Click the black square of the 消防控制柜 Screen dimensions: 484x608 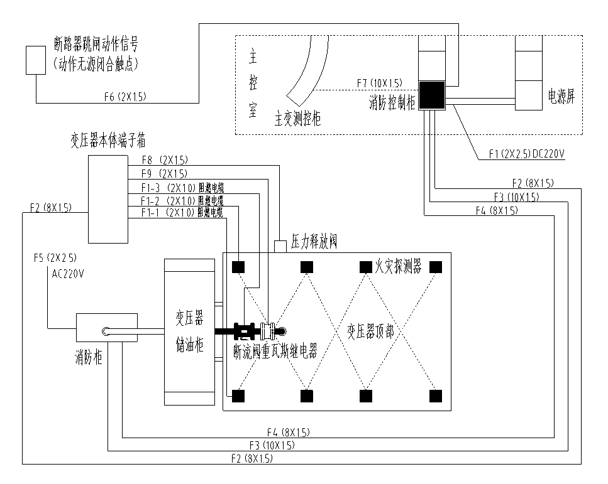click(x=432, y=95)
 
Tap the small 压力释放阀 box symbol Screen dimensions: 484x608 click(x=280, y=246)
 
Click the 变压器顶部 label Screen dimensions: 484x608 click(x=371, y=331)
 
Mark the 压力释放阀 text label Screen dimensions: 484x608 click(x=314, y=242)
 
